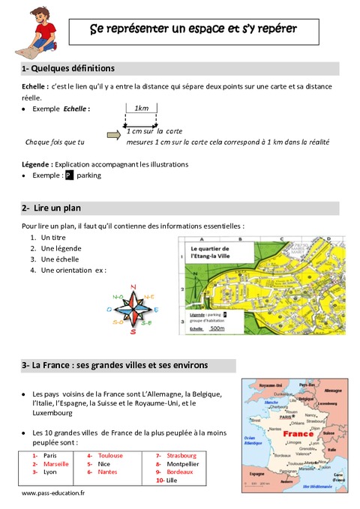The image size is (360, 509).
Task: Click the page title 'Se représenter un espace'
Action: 193,30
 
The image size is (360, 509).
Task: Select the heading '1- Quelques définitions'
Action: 68,68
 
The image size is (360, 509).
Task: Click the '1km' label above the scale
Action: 140,109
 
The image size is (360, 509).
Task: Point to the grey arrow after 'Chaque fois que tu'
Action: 113,136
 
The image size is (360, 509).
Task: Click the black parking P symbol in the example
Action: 68,175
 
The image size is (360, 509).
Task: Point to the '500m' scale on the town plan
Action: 217,328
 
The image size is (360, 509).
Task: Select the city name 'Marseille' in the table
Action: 56,464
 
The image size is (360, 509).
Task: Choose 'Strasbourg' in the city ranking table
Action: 182,455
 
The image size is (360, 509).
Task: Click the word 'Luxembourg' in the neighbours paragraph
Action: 52,412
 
